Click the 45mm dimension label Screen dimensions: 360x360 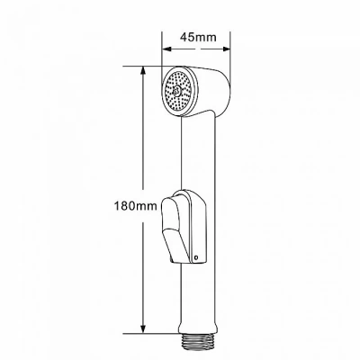[x=198, y=37]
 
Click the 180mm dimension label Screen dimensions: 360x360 [x=135, y=206]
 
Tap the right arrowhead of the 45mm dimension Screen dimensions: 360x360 [x=225, y=49]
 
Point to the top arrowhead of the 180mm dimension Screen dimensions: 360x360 [x=143, y=71]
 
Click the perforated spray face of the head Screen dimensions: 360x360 [x=178, y=90]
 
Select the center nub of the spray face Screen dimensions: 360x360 [x=177, y=89]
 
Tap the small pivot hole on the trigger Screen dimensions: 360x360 [x=196, y=257]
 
